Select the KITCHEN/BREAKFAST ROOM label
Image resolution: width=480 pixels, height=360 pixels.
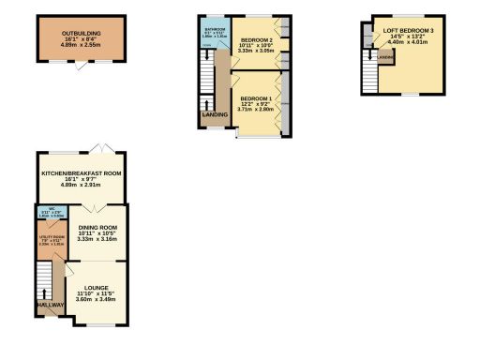pos(82,173)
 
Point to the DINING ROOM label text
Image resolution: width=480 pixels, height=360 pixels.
pos(97,228)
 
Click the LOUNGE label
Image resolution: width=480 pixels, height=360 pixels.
pos(96,287)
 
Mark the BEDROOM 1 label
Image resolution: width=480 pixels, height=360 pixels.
pos(256,98)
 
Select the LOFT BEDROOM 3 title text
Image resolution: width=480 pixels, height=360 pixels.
pos(414,30)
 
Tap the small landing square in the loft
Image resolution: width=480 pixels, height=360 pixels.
pos(384,59)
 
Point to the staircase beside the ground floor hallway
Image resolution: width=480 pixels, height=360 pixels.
pos(44,281)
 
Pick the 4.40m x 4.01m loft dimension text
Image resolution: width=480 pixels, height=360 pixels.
pos(414,41)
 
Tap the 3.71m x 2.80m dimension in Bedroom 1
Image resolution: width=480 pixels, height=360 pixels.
pos(256,110)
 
